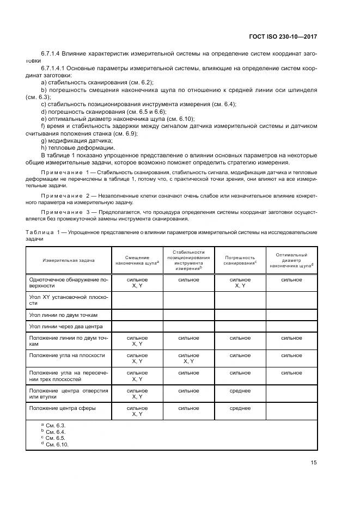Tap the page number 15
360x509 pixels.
(313, 463)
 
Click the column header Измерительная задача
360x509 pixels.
(69, 260)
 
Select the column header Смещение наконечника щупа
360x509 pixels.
(137, 260)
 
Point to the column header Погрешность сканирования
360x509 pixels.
(240, 260)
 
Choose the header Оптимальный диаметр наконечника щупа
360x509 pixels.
(291, 260)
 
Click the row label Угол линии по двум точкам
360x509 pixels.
(63, 315)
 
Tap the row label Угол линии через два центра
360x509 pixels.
(66, 326)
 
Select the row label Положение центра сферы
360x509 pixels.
(63, 408)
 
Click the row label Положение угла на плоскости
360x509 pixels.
(67, 355)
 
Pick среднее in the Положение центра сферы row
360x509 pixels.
(240, 408)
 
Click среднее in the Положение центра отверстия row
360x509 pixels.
(240, 390)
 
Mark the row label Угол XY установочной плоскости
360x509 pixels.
(68, 300)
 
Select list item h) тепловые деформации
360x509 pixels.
(71, 148)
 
